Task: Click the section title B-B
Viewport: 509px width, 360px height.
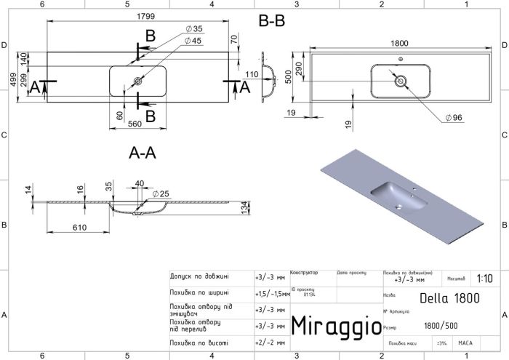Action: (x=272, y=22)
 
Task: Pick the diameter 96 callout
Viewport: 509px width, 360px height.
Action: (x=452, y=117)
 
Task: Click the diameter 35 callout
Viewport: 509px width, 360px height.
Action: (x=193, y=28)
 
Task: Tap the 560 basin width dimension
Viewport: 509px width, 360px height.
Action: (x=135, y=124)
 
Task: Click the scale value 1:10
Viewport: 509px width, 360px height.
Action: (x=485, y=278)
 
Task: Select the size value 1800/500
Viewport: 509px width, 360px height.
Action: (x=440, y=325)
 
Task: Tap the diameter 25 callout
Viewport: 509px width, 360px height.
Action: (x=164, y=193)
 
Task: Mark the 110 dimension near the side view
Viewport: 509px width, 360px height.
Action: (x=252, y=74)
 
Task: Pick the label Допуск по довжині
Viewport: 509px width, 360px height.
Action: (x=199, y=276)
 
